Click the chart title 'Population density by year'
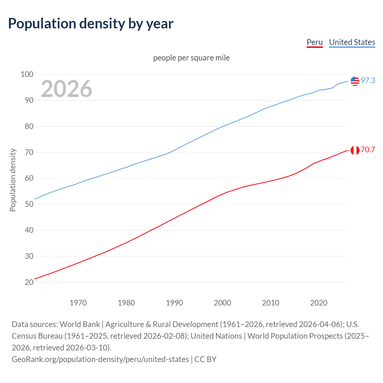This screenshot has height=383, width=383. pos(91,24)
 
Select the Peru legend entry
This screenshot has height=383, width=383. pos(315,42)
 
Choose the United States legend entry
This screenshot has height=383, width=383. pos(352,42)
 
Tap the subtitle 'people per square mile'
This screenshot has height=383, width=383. pos(191,58)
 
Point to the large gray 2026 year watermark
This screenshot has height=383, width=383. pos(66,89)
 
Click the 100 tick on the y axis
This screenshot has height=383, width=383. pos(27,74)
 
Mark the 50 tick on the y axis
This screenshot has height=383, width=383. pos(29,204)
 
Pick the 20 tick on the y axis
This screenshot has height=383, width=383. pos(29,282)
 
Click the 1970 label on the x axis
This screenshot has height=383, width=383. pos(78,303)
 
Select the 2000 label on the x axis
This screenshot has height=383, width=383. pos(222,303)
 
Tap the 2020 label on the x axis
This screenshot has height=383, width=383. pos(319,303)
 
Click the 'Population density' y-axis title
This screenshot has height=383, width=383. pos(13,180)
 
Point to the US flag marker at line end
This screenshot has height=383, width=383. pos(355,81)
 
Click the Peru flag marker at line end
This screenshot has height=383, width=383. pos(355,150)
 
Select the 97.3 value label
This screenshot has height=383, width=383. pos(368,80)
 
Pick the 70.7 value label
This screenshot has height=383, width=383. pos(368,150)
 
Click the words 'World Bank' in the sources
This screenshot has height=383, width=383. pos(80,324)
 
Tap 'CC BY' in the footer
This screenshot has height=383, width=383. pos(205,359)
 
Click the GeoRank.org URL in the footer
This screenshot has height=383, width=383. pos(100,359)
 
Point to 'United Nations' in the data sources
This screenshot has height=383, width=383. pos(216,336)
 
